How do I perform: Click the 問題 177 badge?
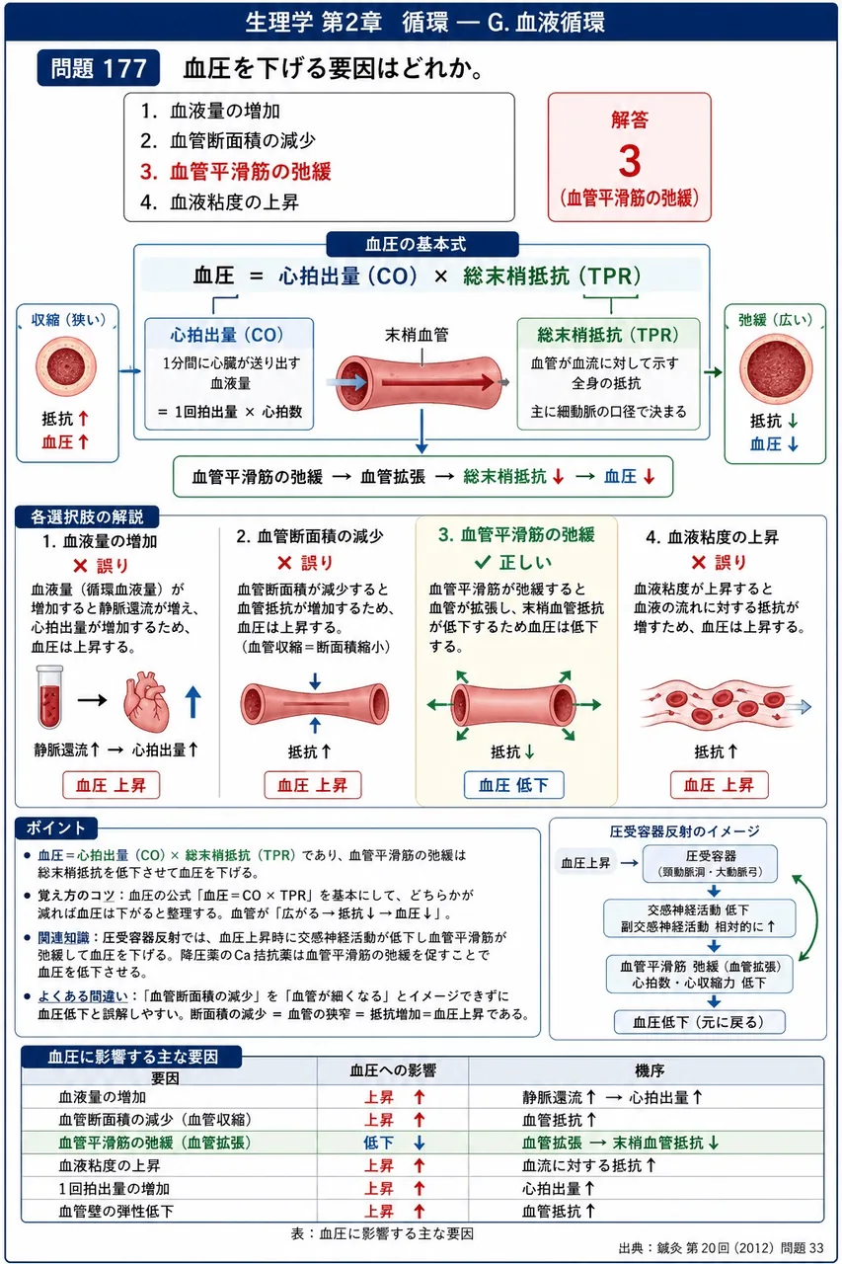point(98,68)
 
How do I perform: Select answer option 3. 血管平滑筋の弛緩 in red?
point(236,172)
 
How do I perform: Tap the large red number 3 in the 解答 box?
point(630,161)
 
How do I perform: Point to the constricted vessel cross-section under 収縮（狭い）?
point(66,366)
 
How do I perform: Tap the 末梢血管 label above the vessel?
point(417,335)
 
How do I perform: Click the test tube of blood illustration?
point(50,697)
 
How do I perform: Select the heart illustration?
point(146,701)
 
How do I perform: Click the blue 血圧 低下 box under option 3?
point(513,785)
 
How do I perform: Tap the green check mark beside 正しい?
point(483,562)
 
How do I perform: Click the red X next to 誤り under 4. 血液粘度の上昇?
point(699,562)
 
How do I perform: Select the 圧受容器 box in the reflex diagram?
point(710,863)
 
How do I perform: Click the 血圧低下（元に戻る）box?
point(699,1022)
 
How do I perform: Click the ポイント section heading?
point(56,829)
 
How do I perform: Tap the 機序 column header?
point(650,1070)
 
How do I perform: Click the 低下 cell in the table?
point(378,1143)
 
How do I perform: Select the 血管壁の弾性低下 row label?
point(116,1211)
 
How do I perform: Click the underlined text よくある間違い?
point(83,996)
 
